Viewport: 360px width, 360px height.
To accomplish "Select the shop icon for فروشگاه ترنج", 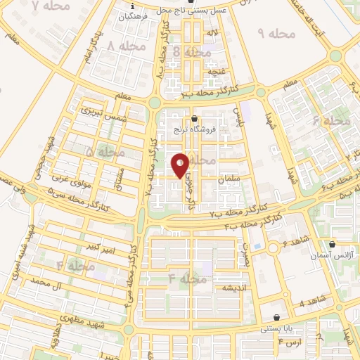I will (194, 118).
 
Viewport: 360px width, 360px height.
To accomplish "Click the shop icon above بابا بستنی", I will (276, 317).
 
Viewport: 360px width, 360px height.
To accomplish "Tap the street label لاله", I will (212, 32).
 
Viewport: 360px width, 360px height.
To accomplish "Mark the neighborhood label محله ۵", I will (104, 152).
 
